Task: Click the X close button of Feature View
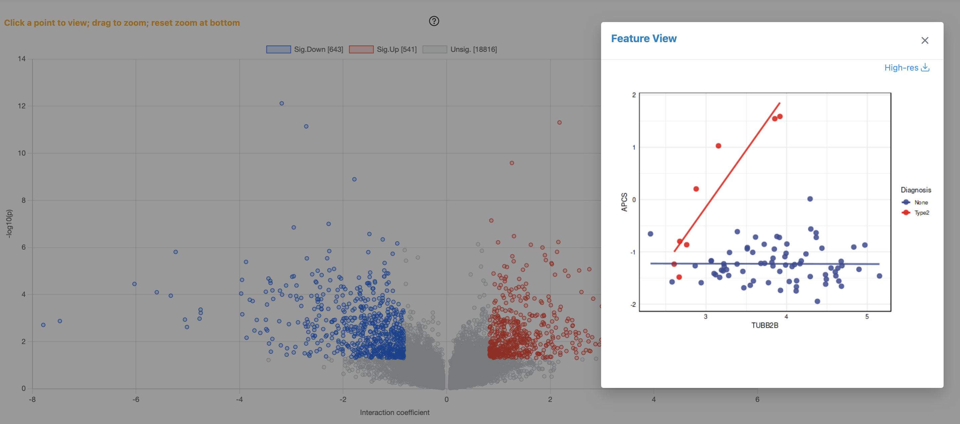(x=925, y=40)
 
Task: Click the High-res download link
(x=906, y=68)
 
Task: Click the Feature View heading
(x=644, y=38)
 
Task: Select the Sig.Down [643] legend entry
(x=304, y=49)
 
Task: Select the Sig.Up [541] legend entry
(x=383, y=49)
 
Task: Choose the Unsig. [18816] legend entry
(x=460, y=49)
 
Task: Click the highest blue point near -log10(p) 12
(x=282, y=103)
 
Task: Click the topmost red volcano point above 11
(x=559, y=122)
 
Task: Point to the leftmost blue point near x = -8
(x=43, y=325)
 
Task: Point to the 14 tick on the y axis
(x=22, y=59)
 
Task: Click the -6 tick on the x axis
(x=136, y=399)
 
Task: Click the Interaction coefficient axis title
(x=394, y=412)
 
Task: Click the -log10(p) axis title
(x=9, y=224)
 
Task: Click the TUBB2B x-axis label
(x=764, y=325)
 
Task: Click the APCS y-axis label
(x=624, y=202)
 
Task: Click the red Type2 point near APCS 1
(x=718, y=146)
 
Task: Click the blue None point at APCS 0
(x=810, y=199)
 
